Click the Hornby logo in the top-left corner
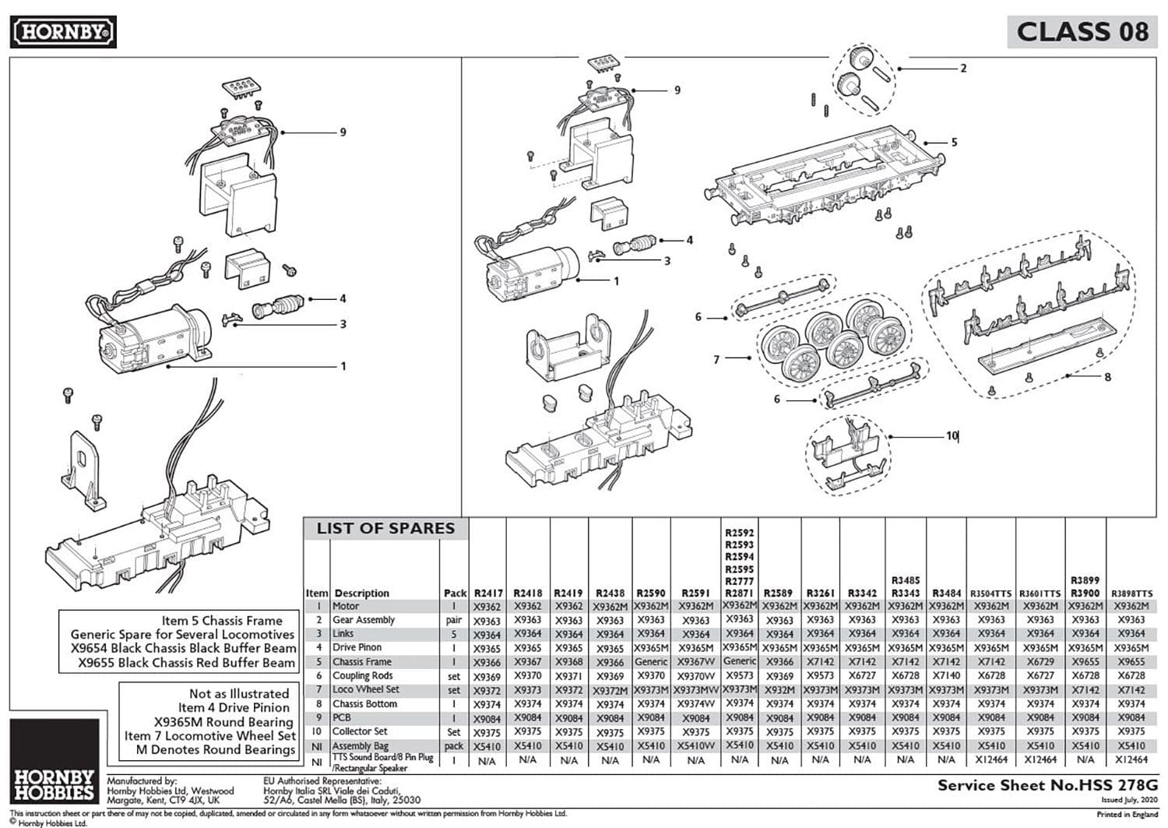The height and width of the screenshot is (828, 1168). tap(63, 32)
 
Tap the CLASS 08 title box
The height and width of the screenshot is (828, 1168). tap(1082, 32)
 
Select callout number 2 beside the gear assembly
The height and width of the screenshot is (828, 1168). tap(963, 69)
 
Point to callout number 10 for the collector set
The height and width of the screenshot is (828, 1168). tap(952, 436)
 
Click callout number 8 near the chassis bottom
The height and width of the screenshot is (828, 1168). tap(1107, 377)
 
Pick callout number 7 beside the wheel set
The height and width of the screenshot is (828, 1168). tap(716, 360)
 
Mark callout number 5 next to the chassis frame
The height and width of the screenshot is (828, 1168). tap(954, 143)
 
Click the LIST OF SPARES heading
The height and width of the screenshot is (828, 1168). tap(385, 529)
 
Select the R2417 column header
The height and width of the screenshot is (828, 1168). tap(487, 594)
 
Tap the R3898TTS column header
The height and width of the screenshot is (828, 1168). tap(1131, 594)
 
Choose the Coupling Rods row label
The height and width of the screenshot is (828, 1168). tap(363, 676)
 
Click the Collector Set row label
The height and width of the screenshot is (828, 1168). tap(360, 731)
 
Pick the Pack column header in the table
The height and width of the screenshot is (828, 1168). tap(455, 594)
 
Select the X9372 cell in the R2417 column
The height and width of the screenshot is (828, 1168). tap(487, 691)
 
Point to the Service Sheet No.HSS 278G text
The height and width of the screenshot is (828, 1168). tap(1047, 785)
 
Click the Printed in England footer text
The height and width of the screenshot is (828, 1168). tap(1127, 815)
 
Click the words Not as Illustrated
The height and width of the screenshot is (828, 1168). tap(239, 694)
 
